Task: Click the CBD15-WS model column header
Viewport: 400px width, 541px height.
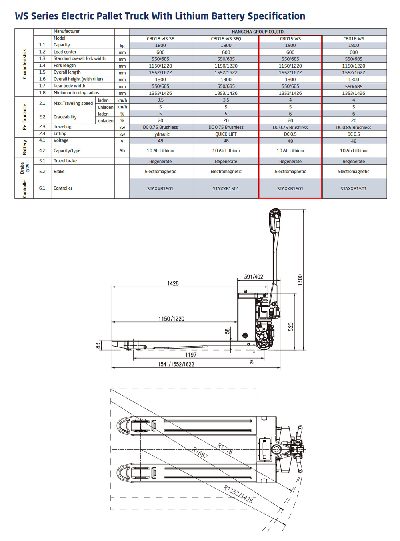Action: click(x=290, y=39)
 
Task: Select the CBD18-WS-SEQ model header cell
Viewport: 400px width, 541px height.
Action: click(x=226, y=39)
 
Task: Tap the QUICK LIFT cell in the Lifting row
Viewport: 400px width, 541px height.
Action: click(x=226, y=134)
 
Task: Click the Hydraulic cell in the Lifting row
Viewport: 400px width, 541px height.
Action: click(x=160, y=134)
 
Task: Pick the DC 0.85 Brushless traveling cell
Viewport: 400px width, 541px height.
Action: click(x=354, y=127)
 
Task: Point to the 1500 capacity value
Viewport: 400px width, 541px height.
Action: click(x=290, y=45)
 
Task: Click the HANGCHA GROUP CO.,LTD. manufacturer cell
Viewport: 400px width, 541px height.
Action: click(x=258, y=32)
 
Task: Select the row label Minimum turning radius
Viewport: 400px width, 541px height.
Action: click(x=76, y=93)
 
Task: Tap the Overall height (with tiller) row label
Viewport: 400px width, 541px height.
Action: click(x=78, y=79)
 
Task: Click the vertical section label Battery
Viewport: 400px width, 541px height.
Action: click(x=24, y=147)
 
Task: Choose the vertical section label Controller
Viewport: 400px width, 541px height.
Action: click(x=24, y=188)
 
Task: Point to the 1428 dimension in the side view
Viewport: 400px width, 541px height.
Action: click(x=173, y=283)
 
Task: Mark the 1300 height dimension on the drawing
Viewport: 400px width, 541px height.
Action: click(x=300, y=279)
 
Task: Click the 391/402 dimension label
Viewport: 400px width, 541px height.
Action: click(x=254, y=277)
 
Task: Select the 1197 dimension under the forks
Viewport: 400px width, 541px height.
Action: click(x=191, y=355)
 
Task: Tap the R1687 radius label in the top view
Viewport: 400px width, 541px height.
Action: click(x=200, y=453)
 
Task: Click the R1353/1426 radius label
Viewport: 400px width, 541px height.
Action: click(x=238, y=494)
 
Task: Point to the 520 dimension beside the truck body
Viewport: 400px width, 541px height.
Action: click(x=291, y=327)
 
